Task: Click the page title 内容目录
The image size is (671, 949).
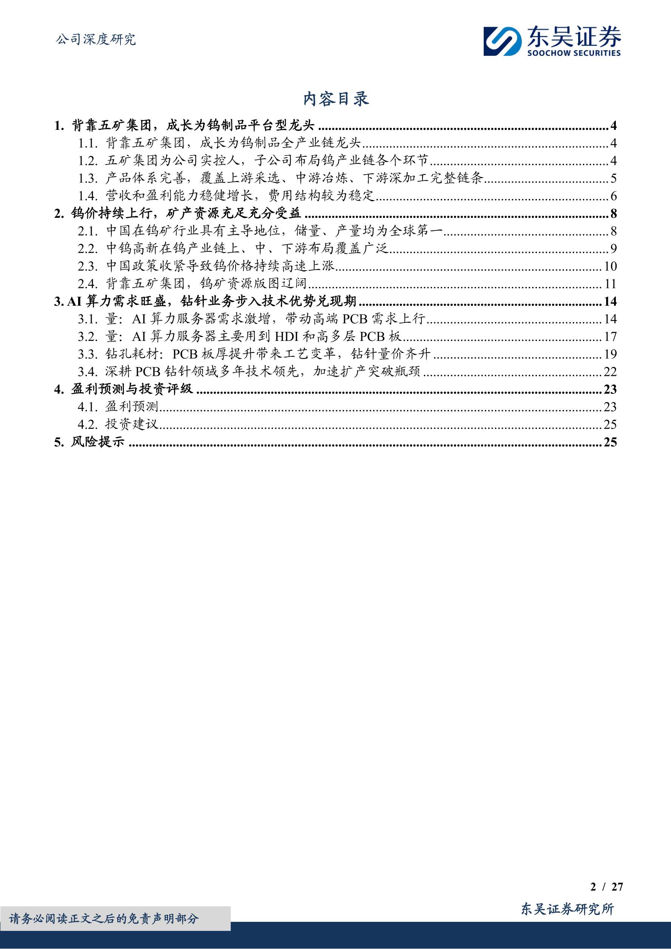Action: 336,99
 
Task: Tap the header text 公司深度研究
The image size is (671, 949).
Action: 96,40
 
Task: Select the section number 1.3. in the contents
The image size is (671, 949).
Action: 88,179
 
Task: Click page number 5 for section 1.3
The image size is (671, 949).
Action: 613,179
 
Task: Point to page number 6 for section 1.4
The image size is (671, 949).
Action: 613,196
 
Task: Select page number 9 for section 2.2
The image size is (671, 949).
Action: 613,249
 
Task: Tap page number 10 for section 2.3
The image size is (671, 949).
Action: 610,266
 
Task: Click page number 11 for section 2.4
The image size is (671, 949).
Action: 610,284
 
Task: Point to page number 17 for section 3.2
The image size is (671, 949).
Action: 610,336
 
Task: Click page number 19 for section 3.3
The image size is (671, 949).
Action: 610,354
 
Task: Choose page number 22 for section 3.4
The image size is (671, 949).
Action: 610,371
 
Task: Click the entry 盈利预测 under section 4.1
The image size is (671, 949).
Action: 132,407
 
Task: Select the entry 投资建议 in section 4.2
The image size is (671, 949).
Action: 132,425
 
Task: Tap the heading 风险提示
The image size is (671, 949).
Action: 97,442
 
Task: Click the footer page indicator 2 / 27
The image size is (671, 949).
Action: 606,887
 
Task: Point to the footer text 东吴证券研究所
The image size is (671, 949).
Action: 567,909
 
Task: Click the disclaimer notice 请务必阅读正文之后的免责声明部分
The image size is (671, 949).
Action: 104,918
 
